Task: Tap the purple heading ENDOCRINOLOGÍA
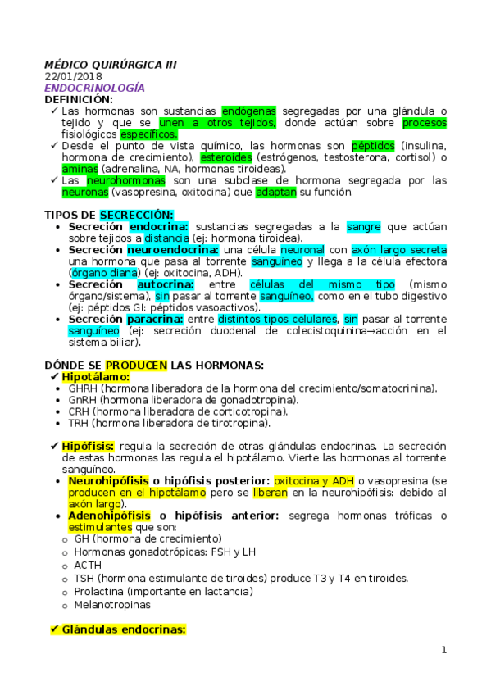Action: point(94,88)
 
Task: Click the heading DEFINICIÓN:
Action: point(79,99)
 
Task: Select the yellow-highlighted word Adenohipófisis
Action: point(109,516)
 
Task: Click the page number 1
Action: point(443,650)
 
